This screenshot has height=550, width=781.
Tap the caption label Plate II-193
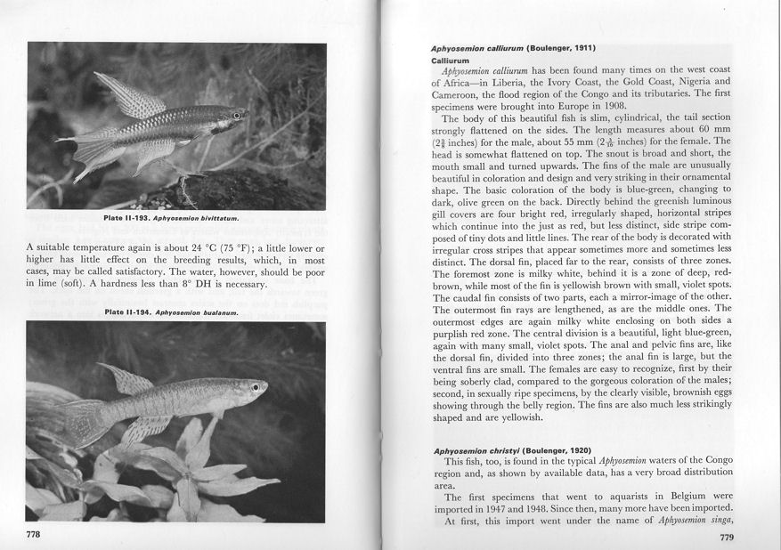[127, 218]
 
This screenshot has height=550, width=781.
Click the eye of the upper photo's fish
[236, 116]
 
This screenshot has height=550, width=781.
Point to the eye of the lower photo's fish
[256, 388]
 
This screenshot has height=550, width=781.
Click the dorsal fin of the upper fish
[129, 96]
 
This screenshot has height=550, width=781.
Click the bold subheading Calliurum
[450, 60]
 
